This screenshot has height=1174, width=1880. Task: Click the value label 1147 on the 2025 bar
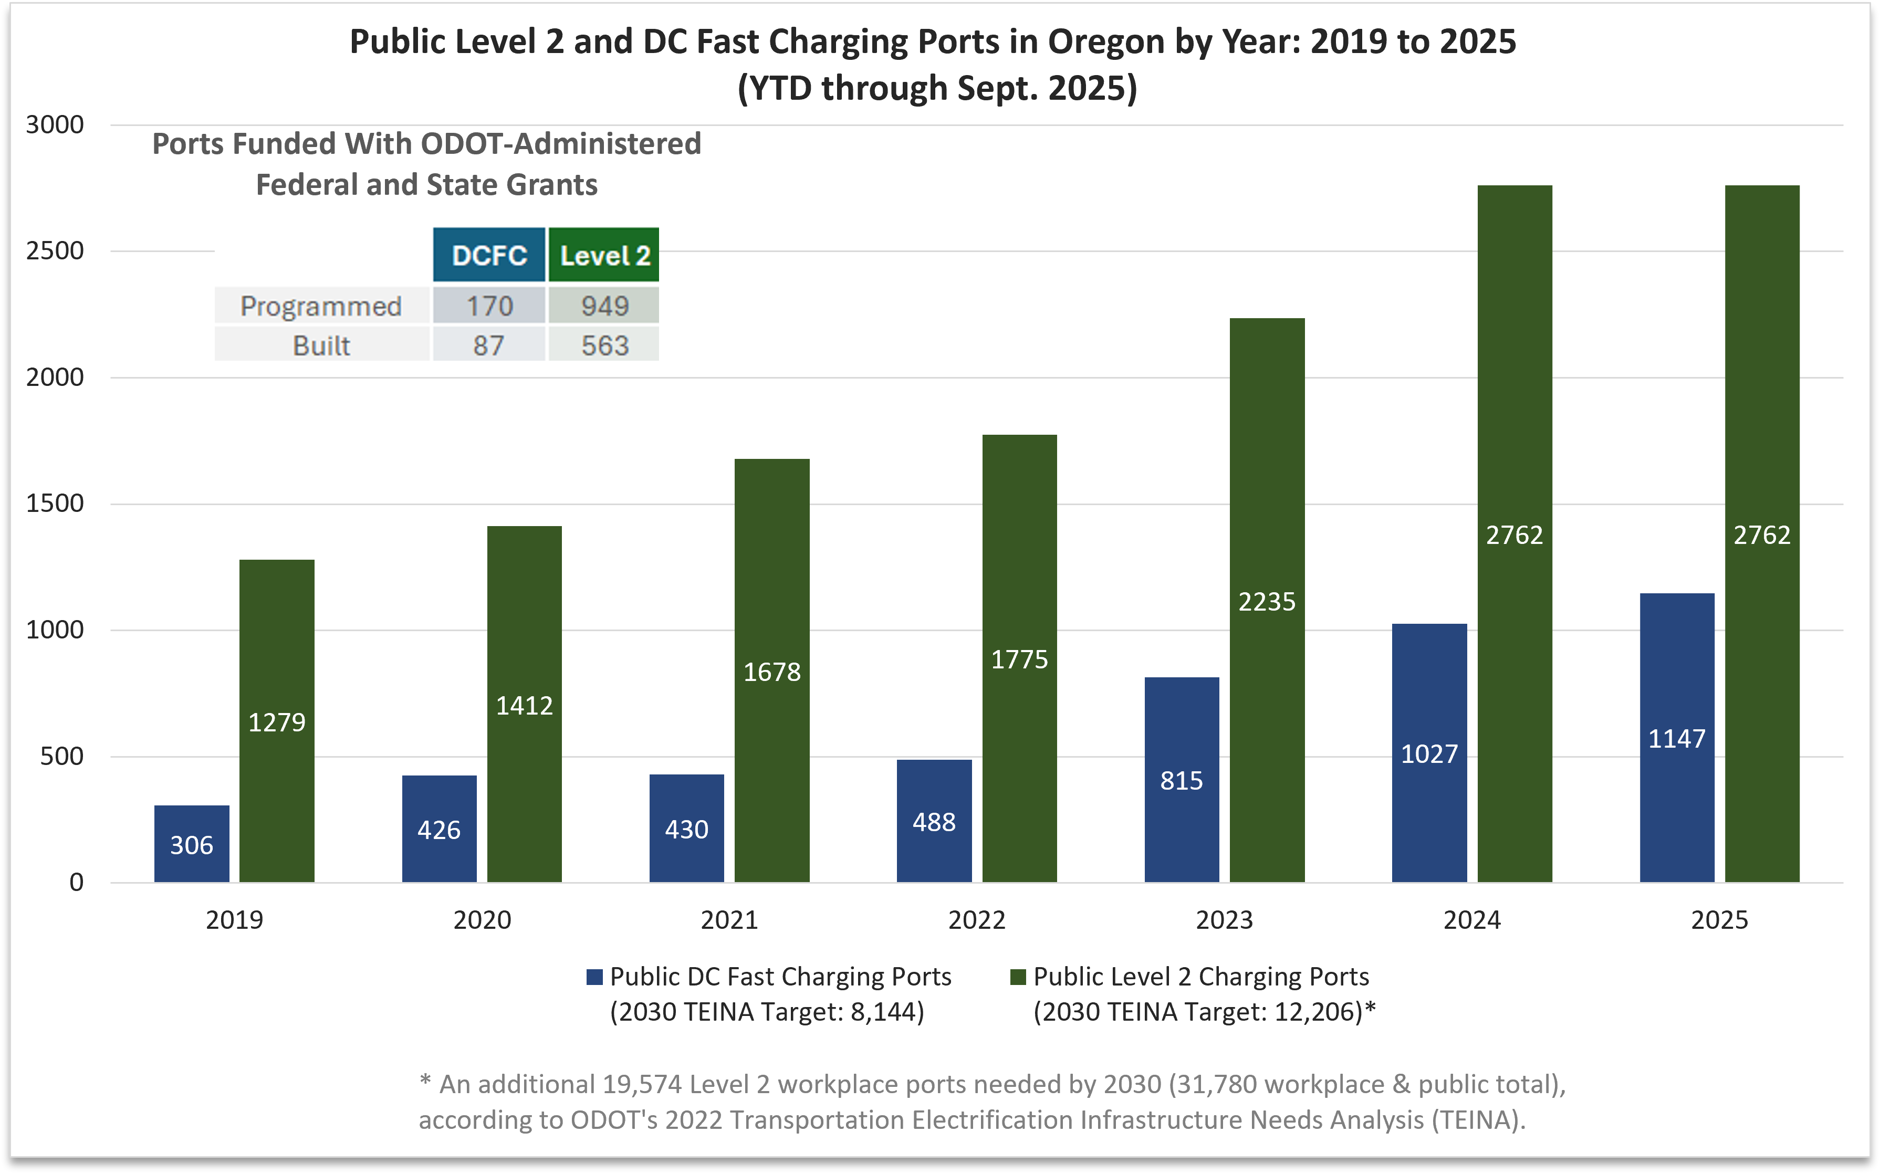pyautogui.click(x=1677, y=738)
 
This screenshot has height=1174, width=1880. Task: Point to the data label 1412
pyautogui.click(x=524, y=706)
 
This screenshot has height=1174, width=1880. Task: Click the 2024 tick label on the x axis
pyautogui.click(x=1471, y=920)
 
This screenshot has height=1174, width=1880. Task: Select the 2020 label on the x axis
pyautogui.click(x=482, y=920)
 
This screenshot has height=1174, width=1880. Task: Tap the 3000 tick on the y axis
pyautogui.click(x=55, y=124)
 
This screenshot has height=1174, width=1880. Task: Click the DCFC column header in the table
pyautogui.click(x=489, y=256)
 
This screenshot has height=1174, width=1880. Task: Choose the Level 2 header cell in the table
pyautogui.click(x=604, y=256)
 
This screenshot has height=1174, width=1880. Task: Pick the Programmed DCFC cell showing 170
pyautogui.click(x=489, y=306)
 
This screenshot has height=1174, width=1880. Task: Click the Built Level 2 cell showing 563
pyautogui.click(x=604, y=345)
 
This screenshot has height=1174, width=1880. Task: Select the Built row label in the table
pyautogui.click(x=321, y=345)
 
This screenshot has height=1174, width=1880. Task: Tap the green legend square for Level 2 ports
pyautogui.click(x=1018, y=977)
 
